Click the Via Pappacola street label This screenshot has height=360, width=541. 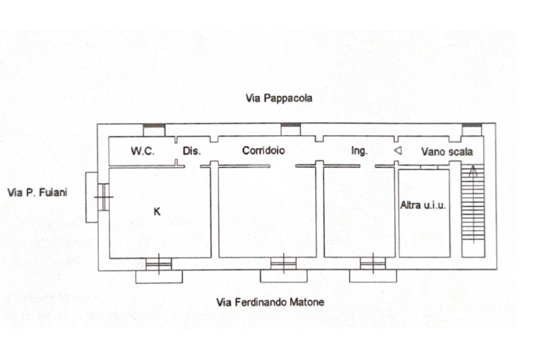tap(278, 98)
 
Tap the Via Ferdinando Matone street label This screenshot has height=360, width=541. tap(270, 302)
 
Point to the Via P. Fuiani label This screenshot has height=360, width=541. tap(37, 193)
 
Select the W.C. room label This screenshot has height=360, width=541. tap(143, 151)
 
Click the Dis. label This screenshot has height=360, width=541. tap(192, 151)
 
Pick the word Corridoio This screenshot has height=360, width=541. tap(263, 150)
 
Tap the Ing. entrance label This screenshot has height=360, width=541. tap(359, 151)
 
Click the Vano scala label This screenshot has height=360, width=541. tap(447, 152)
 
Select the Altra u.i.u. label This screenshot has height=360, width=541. tap(423, 205)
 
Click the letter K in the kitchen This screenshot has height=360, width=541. tap(157, 212)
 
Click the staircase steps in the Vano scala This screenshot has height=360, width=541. tap(473, 211)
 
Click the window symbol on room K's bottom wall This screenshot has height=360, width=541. tap(158, 263)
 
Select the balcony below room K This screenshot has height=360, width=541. tap(158, 276)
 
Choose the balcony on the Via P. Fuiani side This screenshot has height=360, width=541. tap(91, 197)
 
